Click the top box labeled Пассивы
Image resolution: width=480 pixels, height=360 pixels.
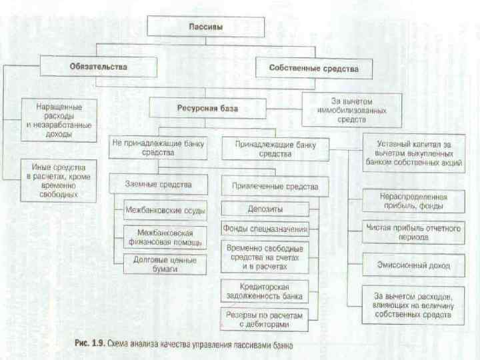point(207,27)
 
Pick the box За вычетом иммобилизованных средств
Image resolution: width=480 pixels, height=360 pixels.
point(351,109)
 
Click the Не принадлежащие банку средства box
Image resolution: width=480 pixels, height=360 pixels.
point(158,148)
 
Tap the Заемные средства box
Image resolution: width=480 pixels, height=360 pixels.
point(158,185)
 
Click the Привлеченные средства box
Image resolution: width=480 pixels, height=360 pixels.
point(275,187)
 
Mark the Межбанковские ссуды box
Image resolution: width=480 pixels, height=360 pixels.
point(165,211)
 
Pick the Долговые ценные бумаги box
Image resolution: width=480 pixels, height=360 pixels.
point(165,264)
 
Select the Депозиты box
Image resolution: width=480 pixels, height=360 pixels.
point(265,209)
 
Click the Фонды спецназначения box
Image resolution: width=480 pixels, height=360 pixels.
point(265,229)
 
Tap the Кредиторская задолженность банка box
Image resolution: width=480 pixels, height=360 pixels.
point(265,291)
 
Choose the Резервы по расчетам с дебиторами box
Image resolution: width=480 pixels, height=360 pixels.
point(265,319)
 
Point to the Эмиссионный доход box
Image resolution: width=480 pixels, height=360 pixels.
point(413,265)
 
